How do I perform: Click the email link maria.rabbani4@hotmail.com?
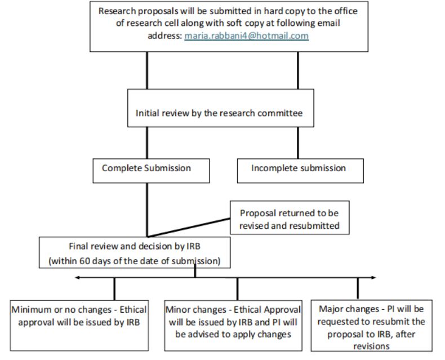click(x=246, y=35)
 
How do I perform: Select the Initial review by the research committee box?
click(x=220, y=108)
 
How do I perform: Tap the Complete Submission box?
click(x=151, y=171)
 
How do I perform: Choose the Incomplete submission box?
click(x=300, y=171)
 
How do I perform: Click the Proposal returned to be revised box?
click(x=290, y=217)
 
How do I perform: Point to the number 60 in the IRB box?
click(x=84, y=261)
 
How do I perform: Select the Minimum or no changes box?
click(x=79, y=326)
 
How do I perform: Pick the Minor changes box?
click(x=233, y=326)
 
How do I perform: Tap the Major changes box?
click(x=372, y=326)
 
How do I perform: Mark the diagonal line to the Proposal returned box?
click(x=189, y=228)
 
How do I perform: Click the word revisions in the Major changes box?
click(x=371, y=346)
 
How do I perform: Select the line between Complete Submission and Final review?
click(x=147, y=210)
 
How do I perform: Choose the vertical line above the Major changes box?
click(x=358, y=288)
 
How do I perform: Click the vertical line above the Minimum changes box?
click(x=114, y=289)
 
